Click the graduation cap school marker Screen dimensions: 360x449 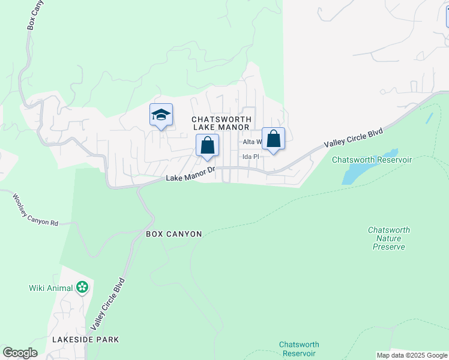tap(161, 114)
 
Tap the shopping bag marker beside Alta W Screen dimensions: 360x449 tap(273, 139)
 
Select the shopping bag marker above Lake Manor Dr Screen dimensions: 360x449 tap(207, 145)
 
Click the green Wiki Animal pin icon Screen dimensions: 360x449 tap(82, 288)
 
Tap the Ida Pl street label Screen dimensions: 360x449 tap(250, 157)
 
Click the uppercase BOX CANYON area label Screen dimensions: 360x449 tap(173, 233)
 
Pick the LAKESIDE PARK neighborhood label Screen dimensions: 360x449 tap(85, 340)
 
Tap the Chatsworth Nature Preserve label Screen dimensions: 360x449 tap(388, 238)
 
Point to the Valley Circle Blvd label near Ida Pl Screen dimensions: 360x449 tap(353, 139)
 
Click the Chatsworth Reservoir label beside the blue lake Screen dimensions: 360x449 tap(372, 160)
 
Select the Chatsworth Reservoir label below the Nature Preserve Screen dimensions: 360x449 tap(299, 349)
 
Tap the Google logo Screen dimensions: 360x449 tap(20, 353)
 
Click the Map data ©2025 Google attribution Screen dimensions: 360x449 tap(412, 355)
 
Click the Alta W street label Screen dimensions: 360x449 tap(252, 142)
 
